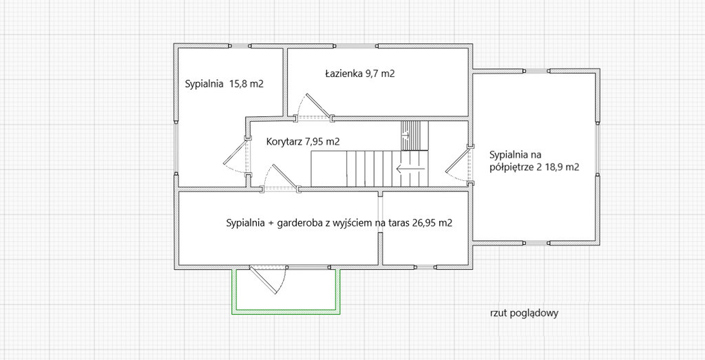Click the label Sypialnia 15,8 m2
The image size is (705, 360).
224,83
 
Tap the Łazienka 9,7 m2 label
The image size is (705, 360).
359,74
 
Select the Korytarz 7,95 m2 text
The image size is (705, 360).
303,142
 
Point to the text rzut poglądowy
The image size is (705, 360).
524,313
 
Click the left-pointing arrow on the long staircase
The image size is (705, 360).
410,169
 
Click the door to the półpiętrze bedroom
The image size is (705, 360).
458,165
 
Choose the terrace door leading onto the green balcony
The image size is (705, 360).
267,281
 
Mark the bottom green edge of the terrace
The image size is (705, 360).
286,310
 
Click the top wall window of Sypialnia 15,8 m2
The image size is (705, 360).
240,46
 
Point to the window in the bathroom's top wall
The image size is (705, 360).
355,46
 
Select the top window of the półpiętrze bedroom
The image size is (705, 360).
537,71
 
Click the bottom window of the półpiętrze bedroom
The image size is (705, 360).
537,243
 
